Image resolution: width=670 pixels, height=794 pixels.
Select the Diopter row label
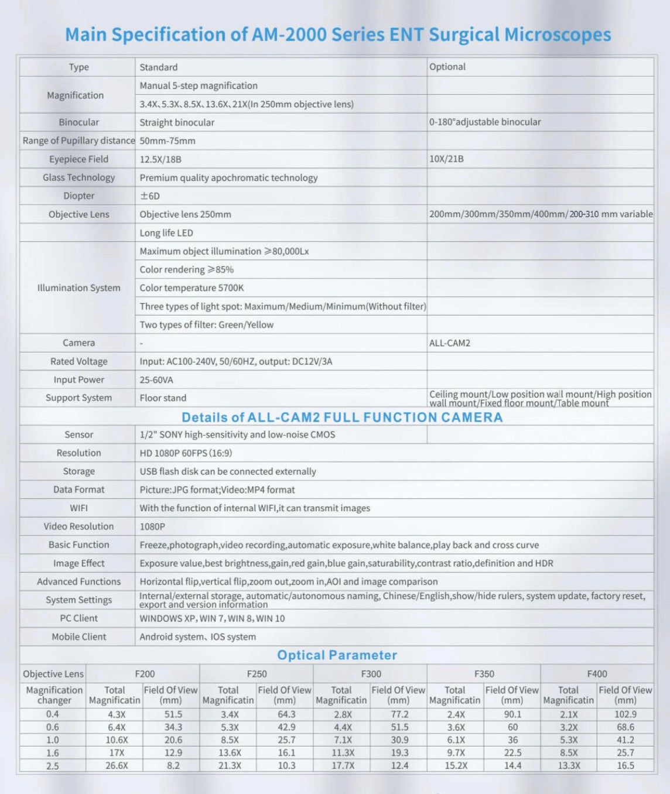click(x=78, y=196)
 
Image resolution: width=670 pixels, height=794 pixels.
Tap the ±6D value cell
click(x=150, y=196)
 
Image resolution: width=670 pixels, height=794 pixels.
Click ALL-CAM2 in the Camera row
click(x=450, y=343)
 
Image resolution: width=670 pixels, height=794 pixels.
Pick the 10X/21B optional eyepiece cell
click(x=446, y=159)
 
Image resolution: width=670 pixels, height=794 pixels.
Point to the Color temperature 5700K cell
click(x=192, y=288)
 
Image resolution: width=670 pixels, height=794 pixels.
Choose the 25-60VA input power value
click(x=156, y=380)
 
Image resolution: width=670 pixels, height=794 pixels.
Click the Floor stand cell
click(x=163, y=398)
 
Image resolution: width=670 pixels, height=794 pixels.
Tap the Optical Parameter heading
click(x=337, y=655)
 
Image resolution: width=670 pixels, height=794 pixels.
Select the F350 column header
click(x=484, y=674)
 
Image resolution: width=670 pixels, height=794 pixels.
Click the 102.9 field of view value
click(x=625, y=714)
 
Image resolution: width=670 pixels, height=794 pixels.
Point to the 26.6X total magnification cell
click(x=117, y=766)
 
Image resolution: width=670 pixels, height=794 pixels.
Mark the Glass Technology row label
click(x=78, y=177)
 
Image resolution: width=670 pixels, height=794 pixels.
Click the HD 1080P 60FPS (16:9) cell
click(x=186, y=453)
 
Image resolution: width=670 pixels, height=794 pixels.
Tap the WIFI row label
click(x=78, y=508)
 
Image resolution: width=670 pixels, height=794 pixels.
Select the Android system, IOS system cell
click(x=197, y=637)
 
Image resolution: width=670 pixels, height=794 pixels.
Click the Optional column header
click(x=447, y=67)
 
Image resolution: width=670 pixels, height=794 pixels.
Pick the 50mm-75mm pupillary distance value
click(x=167, y=141)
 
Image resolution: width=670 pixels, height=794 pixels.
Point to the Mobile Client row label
click(x=78, y=637)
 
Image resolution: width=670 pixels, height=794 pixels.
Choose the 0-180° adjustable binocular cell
click(x=485, y=122)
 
